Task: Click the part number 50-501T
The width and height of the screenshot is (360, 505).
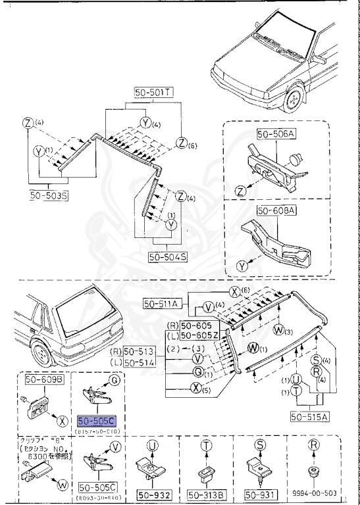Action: [153, 94]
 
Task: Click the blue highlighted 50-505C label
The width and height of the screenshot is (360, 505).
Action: [95, 420]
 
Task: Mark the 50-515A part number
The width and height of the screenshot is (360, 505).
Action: [310, 417]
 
